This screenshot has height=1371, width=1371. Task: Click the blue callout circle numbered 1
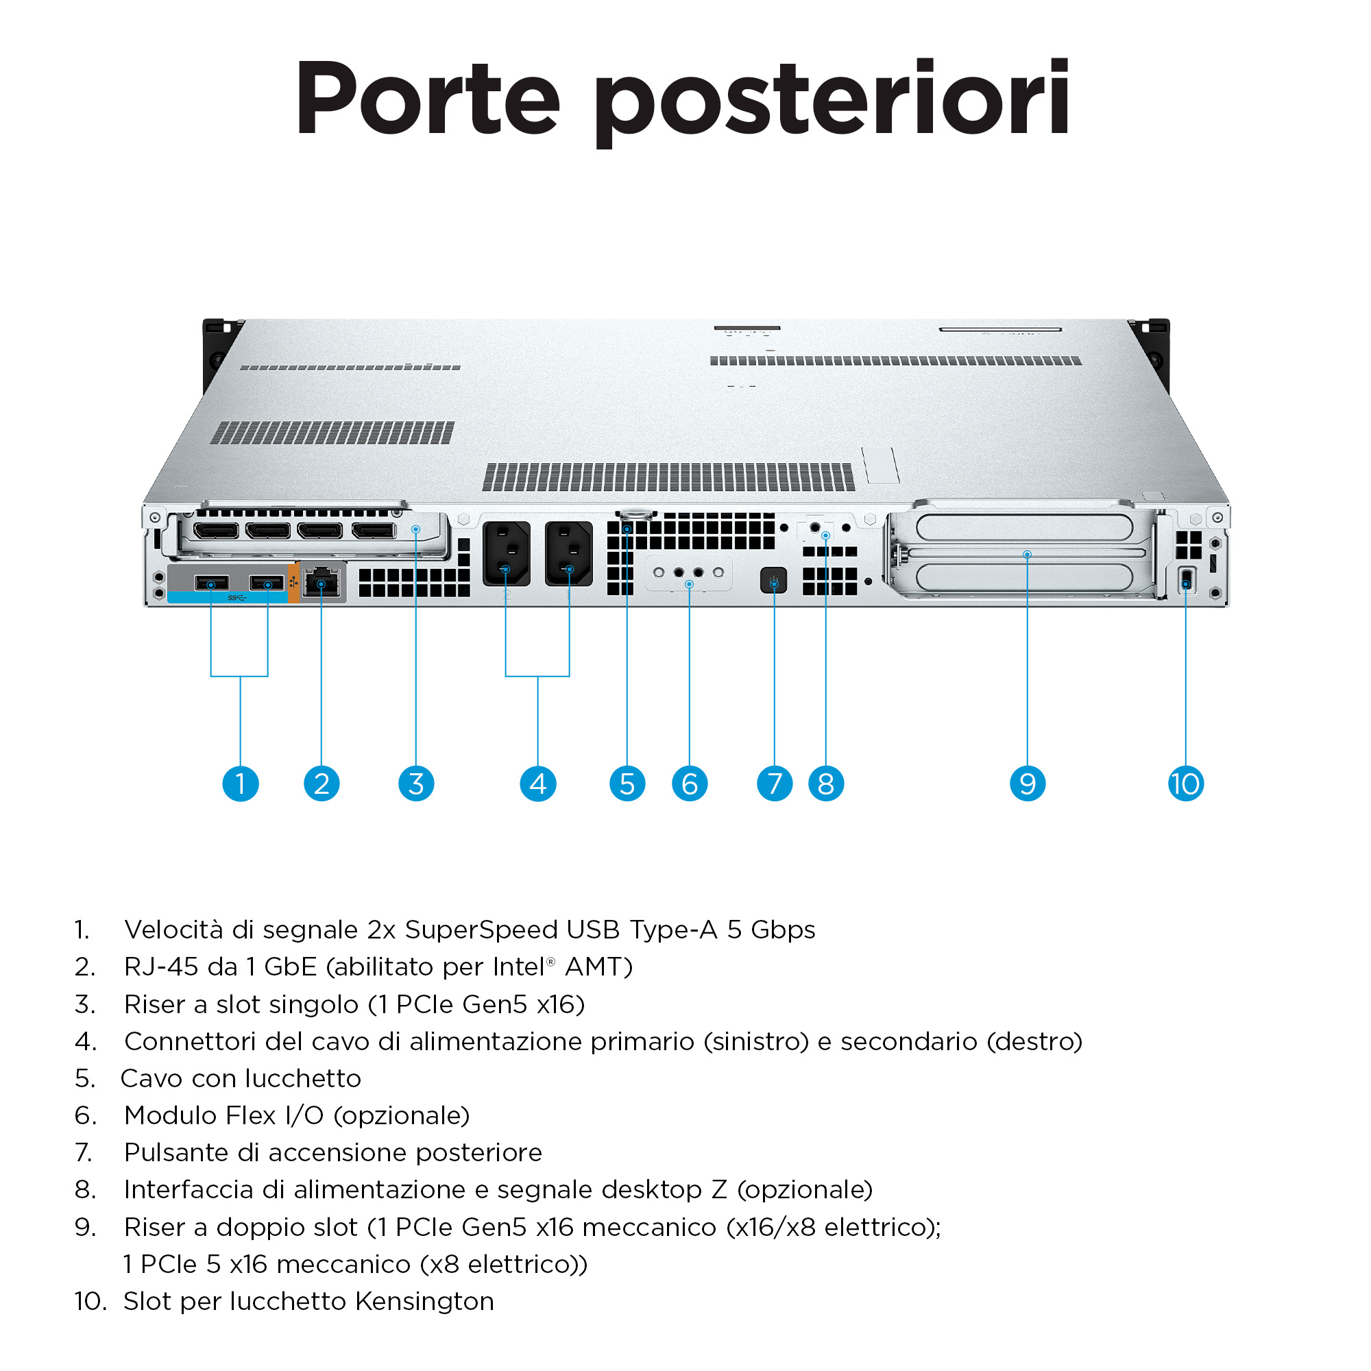click(241, 784)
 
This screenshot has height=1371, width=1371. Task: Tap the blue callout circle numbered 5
click(627, 784)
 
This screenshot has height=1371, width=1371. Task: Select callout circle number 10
click(1186, 784)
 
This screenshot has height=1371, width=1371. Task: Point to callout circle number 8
click(826, 784)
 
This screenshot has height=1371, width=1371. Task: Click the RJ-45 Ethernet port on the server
click(321, 583)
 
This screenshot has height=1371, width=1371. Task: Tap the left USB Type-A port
click(211, 583)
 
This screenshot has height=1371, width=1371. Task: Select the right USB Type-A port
click(267, 583)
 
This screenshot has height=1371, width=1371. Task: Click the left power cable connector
click(506, 553)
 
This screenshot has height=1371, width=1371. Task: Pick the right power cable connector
click(569, 553)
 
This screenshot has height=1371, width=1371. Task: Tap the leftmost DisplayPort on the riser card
click(216, 530)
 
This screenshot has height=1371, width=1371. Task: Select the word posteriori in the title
click(832, 104)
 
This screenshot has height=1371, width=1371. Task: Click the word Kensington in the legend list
click(424, 1302)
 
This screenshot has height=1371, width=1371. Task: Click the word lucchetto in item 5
click(303, 1078)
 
